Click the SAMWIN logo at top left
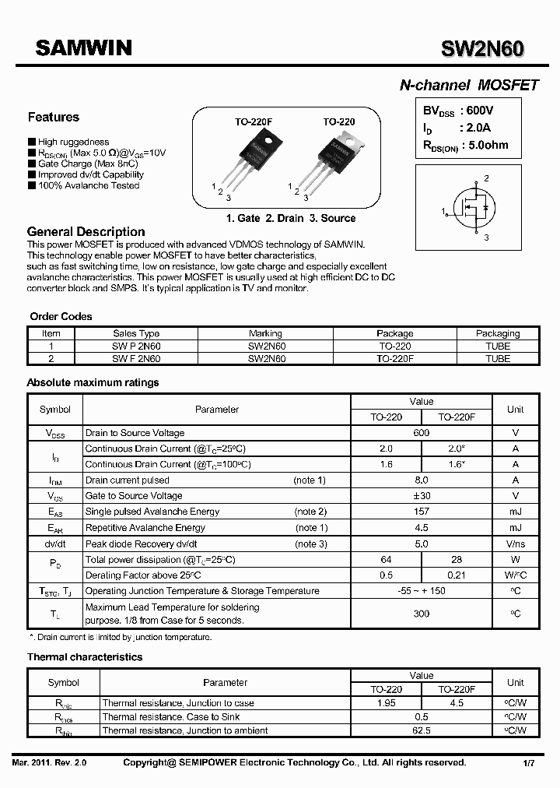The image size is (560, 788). click(83, 48)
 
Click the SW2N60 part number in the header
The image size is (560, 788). click(482, 50)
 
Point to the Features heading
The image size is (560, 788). click(54, 118)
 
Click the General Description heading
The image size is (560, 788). click(86, 231)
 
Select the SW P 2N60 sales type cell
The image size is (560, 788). click(136, 346)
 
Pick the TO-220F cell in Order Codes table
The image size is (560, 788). click(395, 359)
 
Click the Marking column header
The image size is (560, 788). click(265, 333)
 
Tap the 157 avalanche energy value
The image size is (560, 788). click(422, 512)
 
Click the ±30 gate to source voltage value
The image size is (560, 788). click(422, 496)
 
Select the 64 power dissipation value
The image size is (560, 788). click(386, 560)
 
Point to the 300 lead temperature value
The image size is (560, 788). click(422, 614)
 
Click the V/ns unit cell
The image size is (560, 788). click(515, 544)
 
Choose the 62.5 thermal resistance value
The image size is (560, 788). click(422, 730)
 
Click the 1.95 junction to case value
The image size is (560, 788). click(386, 702)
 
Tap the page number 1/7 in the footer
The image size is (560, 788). click(528, 763)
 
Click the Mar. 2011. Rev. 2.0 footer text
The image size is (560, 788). click(50, 763)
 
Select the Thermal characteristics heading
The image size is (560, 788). click(85, 657)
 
